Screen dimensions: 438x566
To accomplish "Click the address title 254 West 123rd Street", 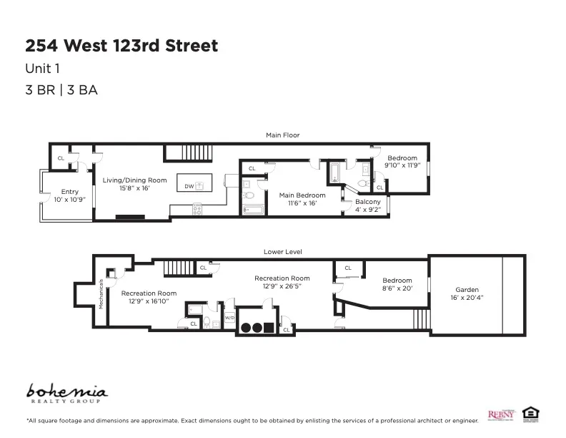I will click(121, 46).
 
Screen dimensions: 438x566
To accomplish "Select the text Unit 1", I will click(42, 69).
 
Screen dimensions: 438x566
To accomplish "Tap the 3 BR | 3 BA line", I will click(61, 90).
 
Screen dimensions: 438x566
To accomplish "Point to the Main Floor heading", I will click(282, 135).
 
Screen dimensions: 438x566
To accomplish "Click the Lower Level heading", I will click(282, 252).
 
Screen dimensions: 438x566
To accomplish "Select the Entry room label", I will click(69, 192).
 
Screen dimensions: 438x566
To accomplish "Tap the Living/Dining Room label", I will click(134, 180).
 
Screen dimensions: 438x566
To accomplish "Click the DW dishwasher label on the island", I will click(189, 186).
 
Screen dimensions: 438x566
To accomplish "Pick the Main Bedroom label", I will click(302, 195).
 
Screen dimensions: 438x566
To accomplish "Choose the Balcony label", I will click(367, 202).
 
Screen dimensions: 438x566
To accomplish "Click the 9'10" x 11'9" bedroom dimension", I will click(402, 165).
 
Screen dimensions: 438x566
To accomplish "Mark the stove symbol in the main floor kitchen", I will click(197, 210).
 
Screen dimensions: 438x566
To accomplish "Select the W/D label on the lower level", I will click(229, 317).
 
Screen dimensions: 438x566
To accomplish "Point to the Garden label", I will click(467, 290).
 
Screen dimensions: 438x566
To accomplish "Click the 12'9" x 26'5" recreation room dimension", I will click(282, 286).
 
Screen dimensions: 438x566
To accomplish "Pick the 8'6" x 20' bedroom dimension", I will click(397, 288).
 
